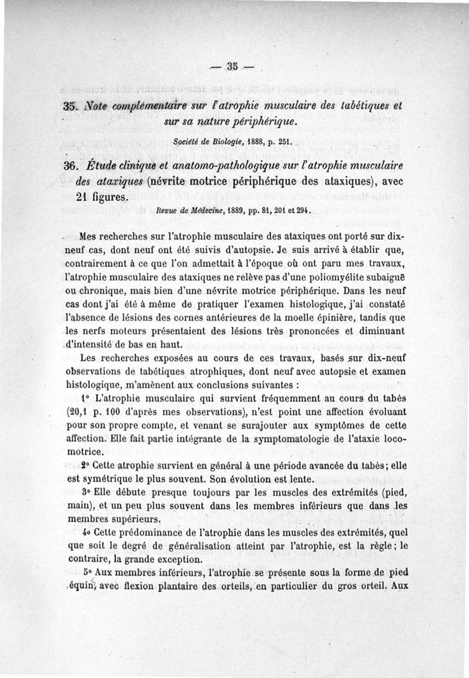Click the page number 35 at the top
pyautogui.click(x=234, y=65)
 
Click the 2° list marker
pyautogui.click(x=86, y=465)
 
